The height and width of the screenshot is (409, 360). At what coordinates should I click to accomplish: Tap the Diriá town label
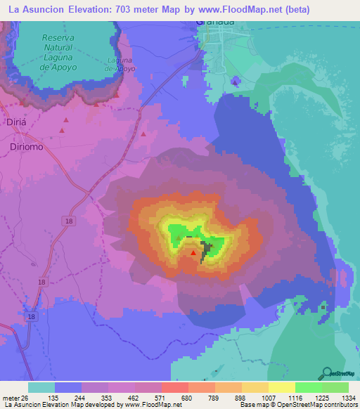(15, 120)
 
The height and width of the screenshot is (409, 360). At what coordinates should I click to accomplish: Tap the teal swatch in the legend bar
(41, 387)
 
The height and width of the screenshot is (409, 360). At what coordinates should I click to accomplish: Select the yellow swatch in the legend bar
(281, 387)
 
